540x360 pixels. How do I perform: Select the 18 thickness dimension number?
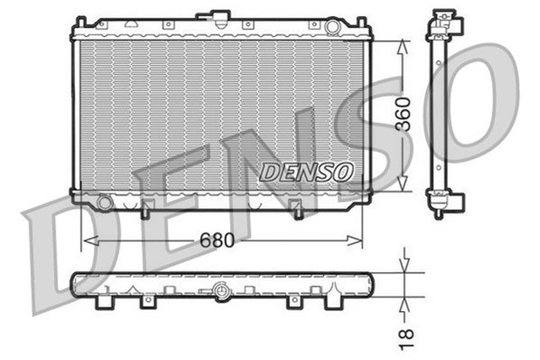[x=407, y=335]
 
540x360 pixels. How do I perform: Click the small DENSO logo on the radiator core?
[x=305, y=171]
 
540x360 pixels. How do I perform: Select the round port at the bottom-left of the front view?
[x=104, y=203]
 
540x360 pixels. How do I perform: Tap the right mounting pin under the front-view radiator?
[x=297, y=211]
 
